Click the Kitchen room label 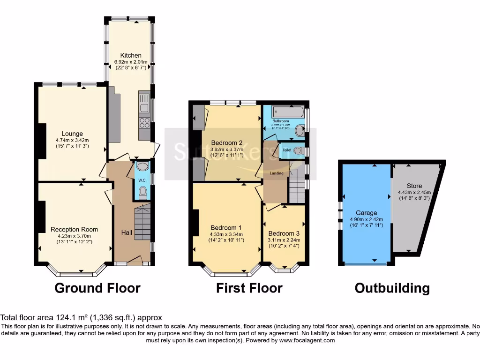131,55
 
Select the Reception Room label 75,229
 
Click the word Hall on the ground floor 127,232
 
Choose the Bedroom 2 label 226,143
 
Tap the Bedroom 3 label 284,233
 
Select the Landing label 277,173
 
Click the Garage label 366,213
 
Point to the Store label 414,186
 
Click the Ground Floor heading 97,288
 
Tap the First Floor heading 249,288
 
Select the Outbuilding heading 392,288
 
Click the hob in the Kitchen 144,123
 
